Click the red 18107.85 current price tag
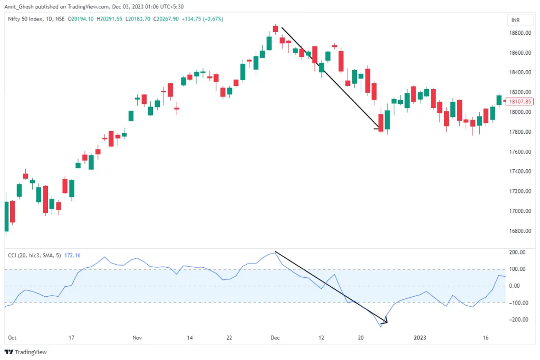518,101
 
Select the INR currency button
515,20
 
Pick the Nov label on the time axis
138,337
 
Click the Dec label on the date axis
275,337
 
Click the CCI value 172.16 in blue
72,256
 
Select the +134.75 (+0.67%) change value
202,19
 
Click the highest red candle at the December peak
275,30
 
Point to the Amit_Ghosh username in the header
22,6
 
